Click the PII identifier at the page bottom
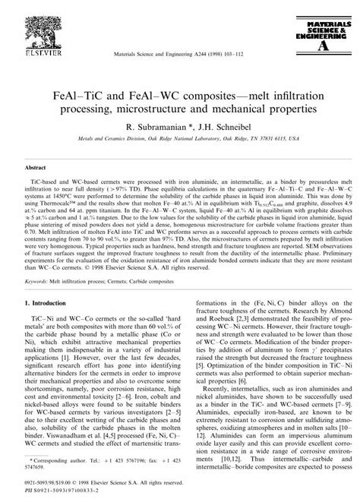pyautogui.click(x=60, y=491)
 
